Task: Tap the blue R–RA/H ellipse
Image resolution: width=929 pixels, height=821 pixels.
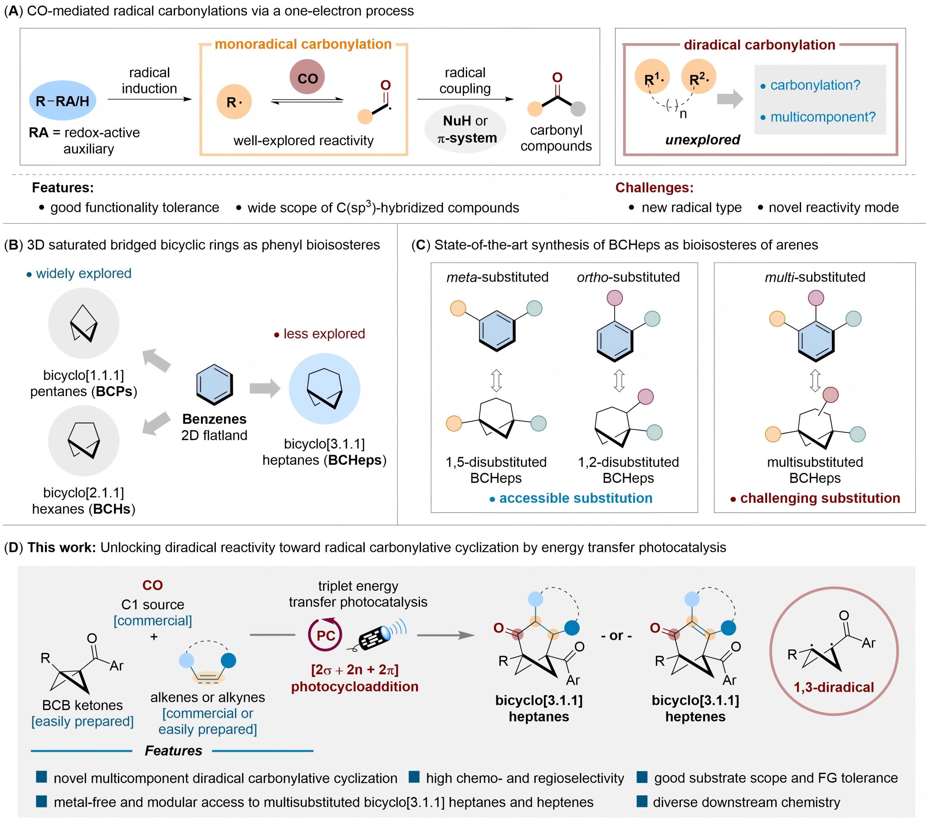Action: pos(63,100)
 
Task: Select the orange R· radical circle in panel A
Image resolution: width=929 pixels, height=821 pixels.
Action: pos(234,102)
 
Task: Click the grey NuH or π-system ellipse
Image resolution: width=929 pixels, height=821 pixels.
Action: pos(465,129)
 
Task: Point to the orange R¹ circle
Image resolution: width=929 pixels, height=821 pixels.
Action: pos(653,77)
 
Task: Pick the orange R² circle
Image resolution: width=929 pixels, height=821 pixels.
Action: pos(699,77)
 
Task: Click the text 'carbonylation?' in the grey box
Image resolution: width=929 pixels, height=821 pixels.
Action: pos(816,85)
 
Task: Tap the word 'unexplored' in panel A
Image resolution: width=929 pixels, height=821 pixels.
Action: pos(703,140)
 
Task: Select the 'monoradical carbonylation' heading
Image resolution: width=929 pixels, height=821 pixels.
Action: pos(303,44)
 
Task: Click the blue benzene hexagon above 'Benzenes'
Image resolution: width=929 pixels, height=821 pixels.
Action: pos(215,384)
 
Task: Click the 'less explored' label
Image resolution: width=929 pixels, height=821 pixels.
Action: pos(324,334)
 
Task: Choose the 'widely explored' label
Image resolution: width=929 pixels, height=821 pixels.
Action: pos(83,273)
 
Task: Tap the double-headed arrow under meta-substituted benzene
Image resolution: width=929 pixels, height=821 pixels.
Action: pos(496,381)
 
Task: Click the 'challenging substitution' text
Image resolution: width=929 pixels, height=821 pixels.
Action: pos(820,498)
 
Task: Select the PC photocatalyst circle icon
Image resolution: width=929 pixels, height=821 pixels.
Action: pos(325,635)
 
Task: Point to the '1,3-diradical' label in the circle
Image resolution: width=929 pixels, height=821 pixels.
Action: pos(834,687)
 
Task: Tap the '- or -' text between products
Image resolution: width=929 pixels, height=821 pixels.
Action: pos(616,635)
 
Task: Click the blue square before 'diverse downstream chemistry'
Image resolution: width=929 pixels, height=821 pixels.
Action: pos(642,801)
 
